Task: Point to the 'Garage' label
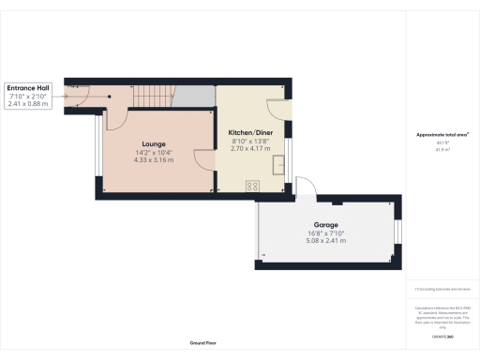[325, 225]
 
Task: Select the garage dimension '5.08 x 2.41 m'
[325, 241]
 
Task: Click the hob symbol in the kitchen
[252, 187]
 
